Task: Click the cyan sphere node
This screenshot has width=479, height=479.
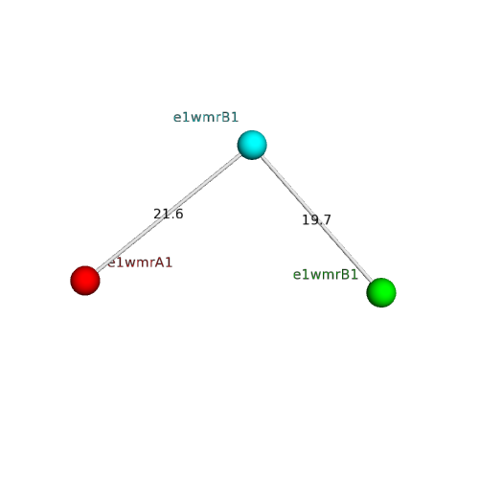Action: pyautogui.click(x=252, y=145)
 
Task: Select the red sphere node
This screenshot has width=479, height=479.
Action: pyautogui.click(x=85, y=281)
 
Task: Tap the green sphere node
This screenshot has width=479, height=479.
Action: pyautogui.click(x=381, y=292)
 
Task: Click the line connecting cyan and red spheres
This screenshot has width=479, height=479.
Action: pyautogui.click(x=169, y=213)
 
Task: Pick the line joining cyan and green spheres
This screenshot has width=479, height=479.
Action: pyautogui.click(x=316, y=218)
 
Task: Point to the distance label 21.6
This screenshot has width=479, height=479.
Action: pyautogui.click(x=169, y=214)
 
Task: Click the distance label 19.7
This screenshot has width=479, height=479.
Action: pyautogui.click(x=316, y=219)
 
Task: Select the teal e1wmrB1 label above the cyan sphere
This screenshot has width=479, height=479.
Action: pyautogui.click(x=206, y=118)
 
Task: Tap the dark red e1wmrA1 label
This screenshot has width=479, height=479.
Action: pyautogui.click(x=140, y=262)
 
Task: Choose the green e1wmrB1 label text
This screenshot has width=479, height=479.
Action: pyautogui.click(x=326, y=275)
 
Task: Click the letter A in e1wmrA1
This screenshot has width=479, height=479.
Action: pyautogui.click(x=159, y=262)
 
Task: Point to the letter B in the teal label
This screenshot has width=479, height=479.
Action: pyautogui.click(x=225, y=118)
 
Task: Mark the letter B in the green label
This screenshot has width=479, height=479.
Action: pyautogui.click(x=345, y=275)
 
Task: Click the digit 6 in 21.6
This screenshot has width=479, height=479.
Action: pyautogui.click(x=179, y=214)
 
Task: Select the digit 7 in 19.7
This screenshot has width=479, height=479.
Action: pyautogui.click(x=328, y=219)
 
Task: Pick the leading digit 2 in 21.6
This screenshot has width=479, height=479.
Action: pyautogui.click(x=157, y=214)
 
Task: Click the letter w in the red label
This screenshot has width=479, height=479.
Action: pyautogui.click(x=129, y=264)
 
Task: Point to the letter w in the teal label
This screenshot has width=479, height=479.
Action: pyautogui.click(x=195, y=119)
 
